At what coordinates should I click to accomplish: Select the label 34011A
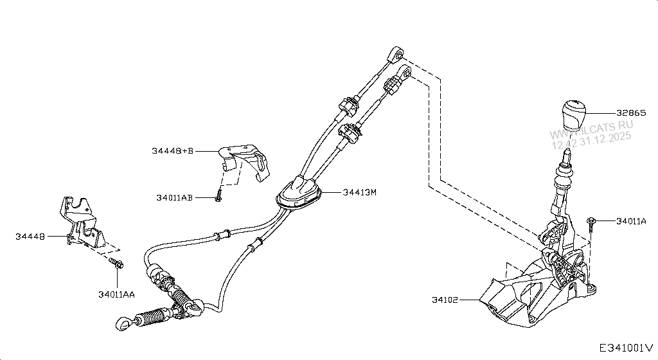(631, 221)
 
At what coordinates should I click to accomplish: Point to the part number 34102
(446, 300)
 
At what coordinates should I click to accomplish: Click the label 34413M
(359, 192)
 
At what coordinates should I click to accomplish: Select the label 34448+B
(173, 151)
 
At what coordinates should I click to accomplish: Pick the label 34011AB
(174, 198)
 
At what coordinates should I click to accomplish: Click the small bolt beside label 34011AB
(219, 195)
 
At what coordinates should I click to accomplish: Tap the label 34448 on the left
(30, 237)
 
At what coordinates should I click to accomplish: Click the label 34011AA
(116, 294)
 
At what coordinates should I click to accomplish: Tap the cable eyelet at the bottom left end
(123, 325)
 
